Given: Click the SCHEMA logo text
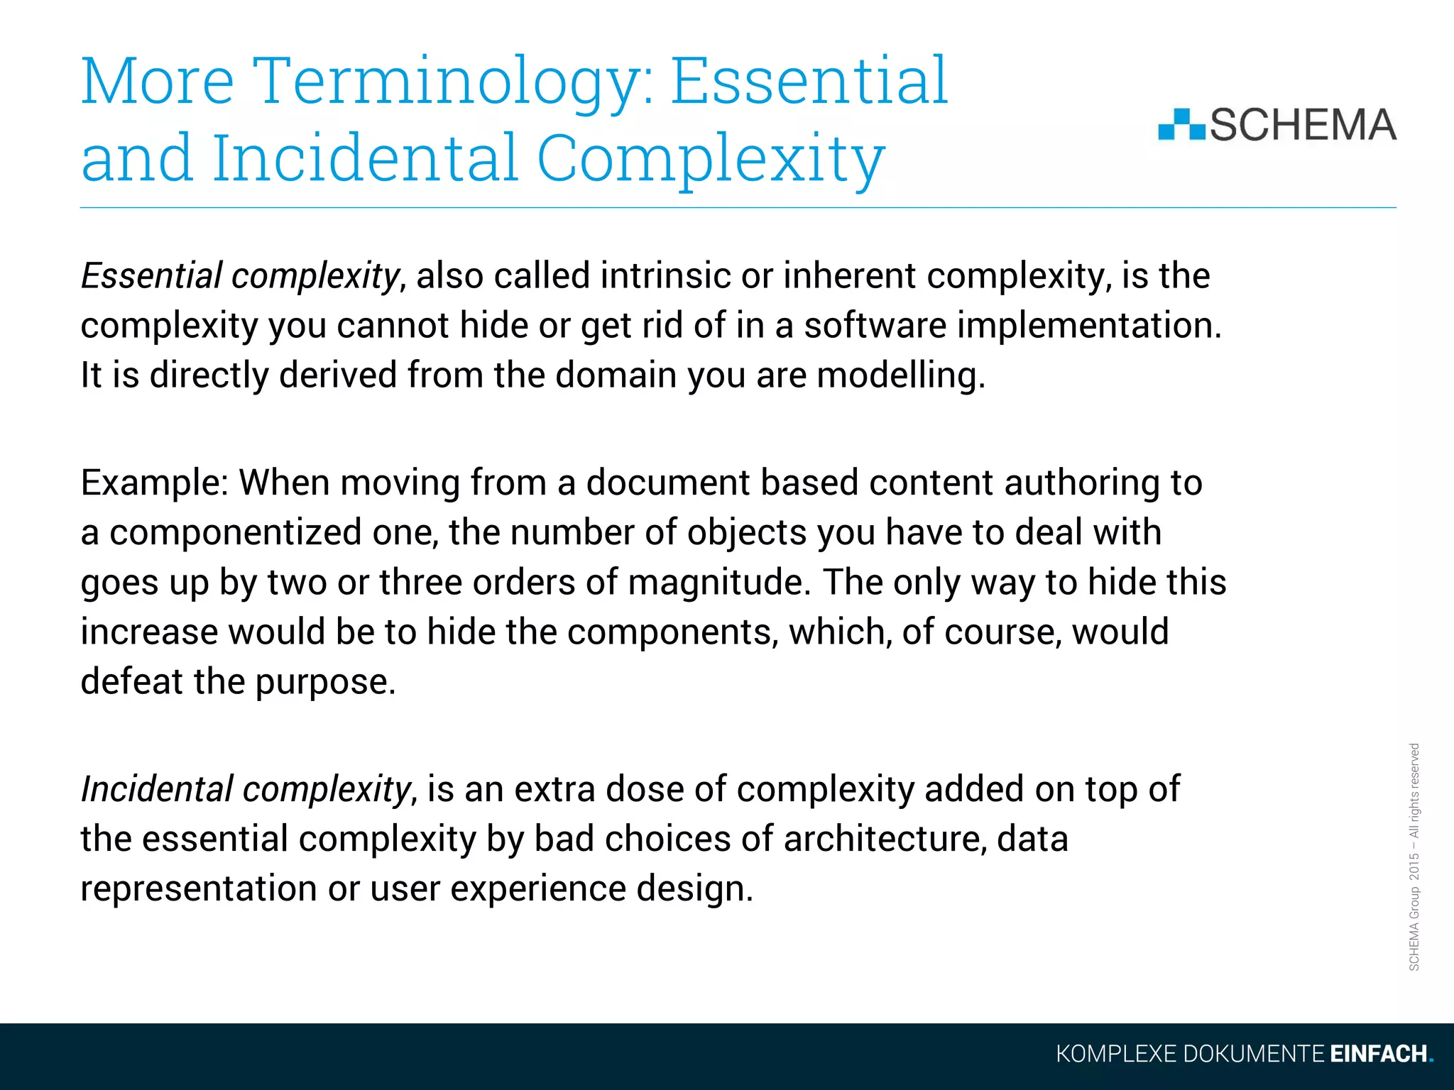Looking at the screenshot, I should pos(1302,125).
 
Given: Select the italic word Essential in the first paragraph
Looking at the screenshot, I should pos(151,275).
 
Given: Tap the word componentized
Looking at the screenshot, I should pos(235,532).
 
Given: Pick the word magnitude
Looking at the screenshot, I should pos(718,582).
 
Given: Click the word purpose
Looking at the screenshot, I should pos(324,682).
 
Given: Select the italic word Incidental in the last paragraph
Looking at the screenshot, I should pos(156,789).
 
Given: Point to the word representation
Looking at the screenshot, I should pos(198,888).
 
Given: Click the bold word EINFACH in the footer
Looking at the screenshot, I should pos(1378,1054).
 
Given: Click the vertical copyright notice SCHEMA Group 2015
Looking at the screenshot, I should pos(1414,857).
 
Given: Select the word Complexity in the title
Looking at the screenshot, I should pos(710,159).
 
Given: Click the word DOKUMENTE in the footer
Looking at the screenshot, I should pos(1253,1054).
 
